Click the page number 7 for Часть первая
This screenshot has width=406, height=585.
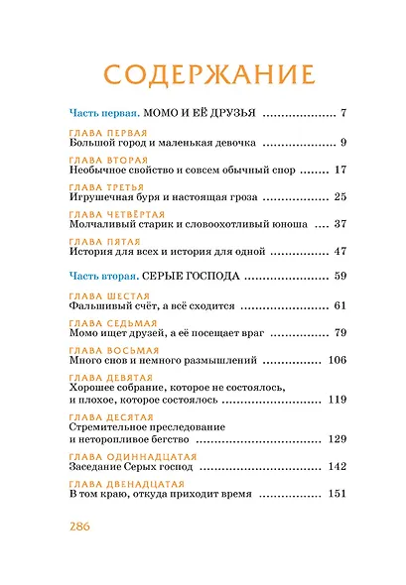(x=341, y=112)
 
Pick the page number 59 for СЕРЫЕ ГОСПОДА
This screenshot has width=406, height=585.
(x=338, y=275)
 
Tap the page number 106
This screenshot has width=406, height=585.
(x=335, y=360)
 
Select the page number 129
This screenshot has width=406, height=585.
(x=336, y=438)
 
